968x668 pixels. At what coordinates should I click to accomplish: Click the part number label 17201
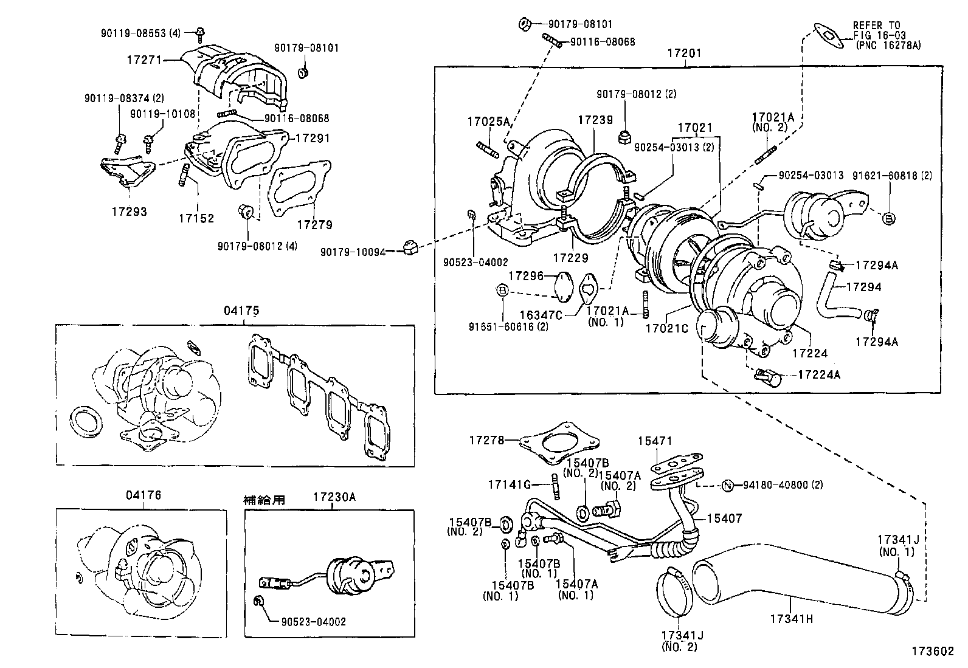point(684,53)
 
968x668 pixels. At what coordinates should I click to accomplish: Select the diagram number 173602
point(932,650)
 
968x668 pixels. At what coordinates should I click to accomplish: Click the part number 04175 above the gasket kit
point(241,311)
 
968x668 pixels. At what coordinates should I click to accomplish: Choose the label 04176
point(143,495)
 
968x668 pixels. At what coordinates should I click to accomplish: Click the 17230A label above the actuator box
point(334,497)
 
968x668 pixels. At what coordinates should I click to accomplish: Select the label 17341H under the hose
point(792,619)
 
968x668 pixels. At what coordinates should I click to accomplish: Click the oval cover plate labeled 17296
point(564,284)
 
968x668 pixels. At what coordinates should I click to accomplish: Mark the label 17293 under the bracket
point(129,212)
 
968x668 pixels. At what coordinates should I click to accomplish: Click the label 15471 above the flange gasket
point(655,441)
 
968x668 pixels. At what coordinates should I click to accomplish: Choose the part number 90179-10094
point(353,251)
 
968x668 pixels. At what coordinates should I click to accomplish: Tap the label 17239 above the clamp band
point(595,120)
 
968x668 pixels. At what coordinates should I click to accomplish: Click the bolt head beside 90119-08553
point(200,32)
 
